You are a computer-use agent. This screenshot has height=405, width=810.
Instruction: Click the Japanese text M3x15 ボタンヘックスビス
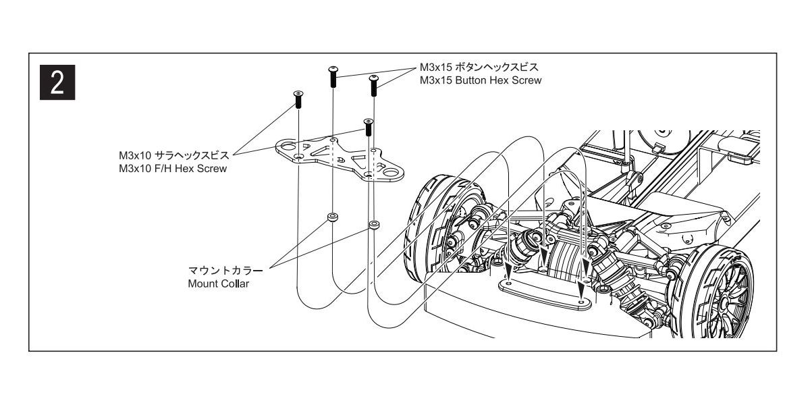479,68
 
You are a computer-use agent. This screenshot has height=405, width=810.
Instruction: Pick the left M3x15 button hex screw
333,76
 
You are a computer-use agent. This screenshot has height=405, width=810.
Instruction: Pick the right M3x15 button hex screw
373,86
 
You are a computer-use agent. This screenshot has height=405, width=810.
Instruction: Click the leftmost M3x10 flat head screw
297,99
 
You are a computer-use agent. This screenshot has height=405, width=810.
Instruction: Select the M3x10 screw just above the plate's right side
368,127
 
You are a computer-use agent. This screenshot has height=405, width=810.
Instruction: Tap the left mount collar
331,217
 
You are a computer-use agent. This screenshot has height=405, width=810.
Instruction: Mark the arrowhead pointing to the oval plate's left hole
507,275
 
